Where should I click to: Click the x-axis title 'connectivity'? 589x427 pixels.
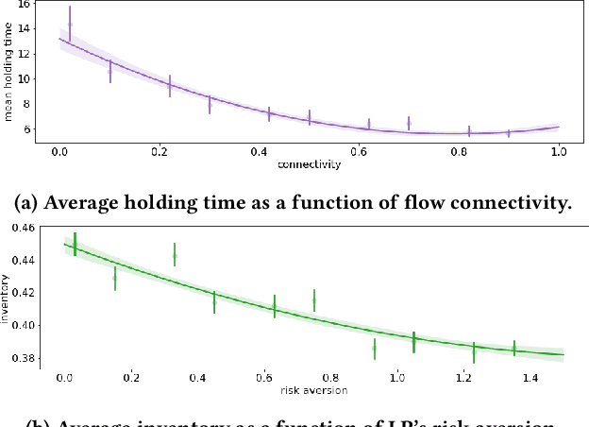click(309, 164)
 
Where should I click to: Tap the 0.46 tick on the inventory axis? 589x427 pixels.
click(22, 228)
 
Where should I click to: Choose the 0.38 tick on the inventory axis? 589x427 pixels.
click(22, 358)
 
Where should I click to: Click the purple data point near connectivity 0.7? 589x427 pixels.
click(409, 123)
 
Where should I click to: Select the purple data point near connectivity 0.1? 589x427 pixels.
click(110, 70)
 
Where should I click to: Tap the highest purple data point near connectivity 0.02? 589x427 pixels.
click(70, 25)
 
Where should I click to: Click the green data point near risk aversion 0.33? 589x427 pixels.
click(175, 255)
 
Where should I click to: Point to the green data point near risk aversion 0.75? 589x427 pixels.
click(314, 300)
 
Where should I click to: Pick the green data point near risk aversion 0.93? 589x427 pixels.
click(374, 348)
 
